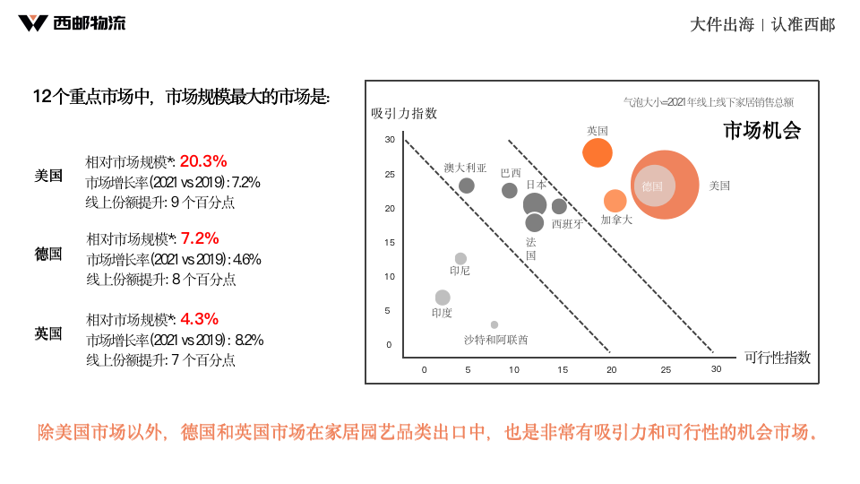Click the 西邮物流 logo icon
click(32, 23)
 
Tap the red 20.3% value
click(203, 161)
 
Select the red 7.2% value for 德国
click(200, 238)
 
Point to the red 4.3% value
click(199, 319)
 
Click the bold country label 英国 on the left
click(48, 333)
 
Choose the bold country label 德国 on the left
click(48, 254)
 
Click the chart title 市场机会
click(761, 131)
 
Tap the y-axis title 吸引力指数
click(404, 113)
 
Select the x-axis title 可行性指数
click(777, 357)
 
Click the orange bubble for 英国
click(598, 152)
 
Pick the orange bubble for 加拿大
click(615, 201)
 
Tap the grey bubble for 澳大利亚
click(467, 186)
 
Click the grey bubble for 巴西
click(510, 191)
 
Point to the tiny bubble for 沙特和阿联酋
click(494, 324)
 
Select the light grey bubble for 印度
click(443, 298)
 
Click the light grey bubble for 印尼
click(460, 259)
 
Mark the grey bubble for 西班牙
click(559, 207)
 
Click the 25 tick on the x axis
click(666, 369)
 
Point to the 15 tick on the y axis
click(389, 242)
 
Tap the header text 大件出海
click(721, 25)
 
